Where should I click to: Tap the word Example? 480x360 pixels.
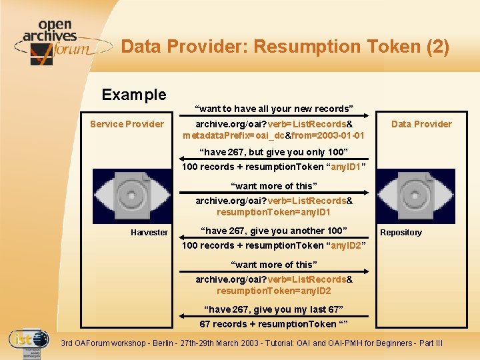(x=134, y=95)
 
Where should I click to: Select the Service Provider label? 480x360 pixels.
(x=127, y=124)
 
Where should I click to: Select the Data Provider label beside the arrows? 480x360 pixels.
(x=421, y=124)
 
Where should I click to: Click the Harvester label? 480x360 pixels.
(x=149, y=232)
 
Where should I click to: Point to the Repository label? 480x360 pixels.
(x=401, y=233)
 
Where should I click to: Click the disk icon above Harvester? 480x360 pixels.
(x=132, y=195)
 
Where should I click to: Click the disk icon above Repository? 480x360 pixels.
(x=417, y=195)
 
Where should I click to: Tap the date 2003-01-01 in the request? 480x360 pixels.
(x=340, y=135)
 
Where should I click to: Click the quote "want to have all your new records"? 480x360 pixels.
(x=274, y=109)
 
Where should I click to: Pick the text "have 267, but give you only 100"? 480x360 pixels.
(x=273, y=152)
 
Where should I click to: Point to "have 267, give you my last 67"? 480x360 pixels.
(x=274, y=309)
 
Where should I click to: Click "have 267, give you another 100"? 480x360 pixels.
(x=274, y=231)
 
